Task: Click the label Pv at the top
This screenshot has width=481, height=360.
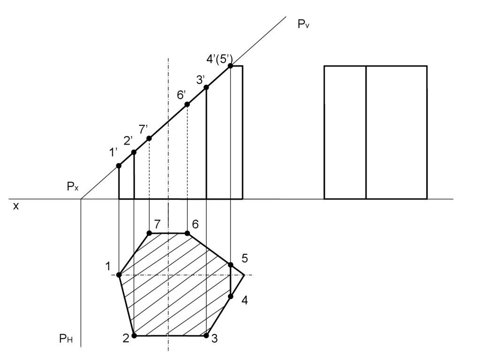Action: (x=303, y=24)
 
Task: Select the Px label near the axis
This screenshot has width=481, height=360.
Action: (x=72, y=187)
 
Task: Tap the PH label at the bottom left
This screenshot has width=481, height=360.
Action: (x=66, y=338)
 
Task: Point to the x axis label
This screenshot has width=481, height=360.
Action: (x=16, y=206)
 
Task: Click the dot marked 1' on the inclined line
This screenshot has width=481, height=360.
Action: (x=119, y=165)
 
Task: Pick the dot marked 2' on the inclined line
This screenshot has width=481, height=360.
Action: (x=134, y=152)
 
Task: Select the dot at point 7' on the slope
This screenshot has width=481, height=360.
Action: (x=149, y=138)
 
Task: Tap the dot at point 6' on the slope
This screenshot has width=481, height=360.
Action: (x=187, y=104)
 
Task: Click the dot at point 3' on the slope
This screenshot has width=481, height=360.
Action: (x=206, y=87)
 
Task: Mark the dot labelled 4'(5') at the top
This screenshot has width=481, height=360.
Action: (x=230, y=66)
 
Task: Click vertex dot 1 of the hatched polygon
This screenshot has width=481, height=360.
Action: (x=119, y=275)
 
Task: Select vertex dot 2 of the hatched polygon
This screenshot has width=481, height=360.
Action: (x=134, y=336)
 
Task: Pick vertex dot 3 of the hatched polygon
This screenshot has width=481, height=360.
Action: (x=206, y=336)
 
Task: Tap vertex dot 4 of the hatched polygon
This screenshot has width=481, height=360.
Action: (x=231, y=296)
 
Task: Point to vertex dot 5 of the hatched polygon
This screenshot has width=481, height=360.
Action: (x=230, y=265)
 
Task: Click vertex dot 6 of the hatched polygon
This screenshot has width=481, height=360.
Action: (x=187, y=233)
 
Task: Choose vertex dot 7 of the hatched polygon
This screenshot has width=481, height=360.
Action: (x=149, y=233)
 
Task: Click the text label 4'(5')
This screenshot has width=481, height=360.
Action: (x=219, y=59)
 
